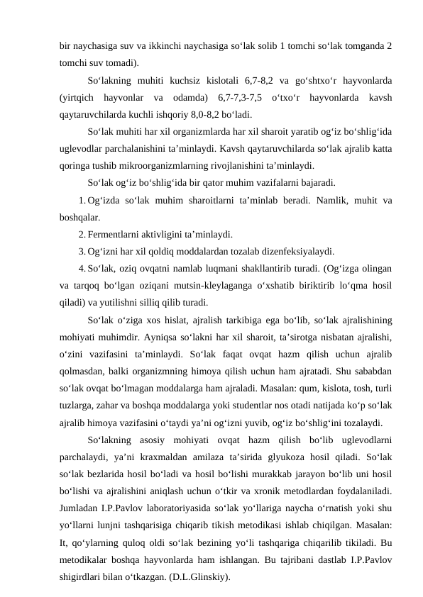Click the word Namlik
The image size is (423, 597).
coord(329,201)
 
